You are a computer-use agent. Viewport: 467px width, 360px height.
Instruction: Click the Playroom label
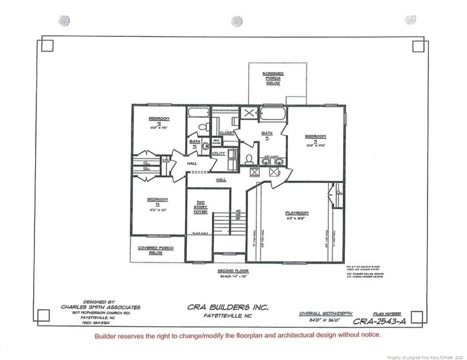tap(297, 214)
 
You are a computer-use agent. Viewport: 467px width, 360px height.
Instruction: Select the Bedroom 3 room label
tap(158, 201)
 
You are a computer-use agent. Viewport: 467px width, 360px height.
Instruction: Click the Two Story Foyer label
tap(201, 207)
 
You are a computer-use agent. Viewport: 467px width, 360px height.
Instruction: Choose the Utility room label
tap(218, 153)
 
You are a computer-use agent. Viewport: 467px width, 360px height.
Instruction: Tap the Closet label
tap(227, 133)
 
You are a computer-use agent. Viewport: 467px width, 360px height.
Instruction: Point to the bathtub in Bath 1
tap(273, 113)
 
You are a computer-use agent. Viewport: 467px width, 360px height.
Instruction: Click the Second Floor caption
tap(235, 272)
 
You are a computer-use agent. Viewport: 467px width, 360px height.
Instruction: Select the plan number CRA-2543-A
tap(378, 320)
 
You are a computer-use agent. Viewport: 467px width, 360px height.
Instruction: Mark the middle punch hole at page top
tap(236, 20)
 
